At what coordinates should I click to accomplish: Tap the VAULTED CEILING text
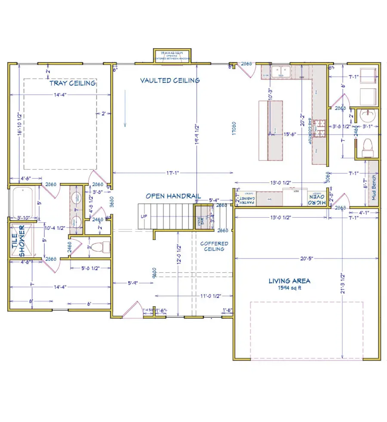click(x=170, y=80)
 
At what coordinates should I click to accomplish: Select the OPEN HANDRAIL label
click(x=173, y=196)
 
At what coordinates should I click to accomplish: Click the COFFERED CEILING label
click(x=214, y=246)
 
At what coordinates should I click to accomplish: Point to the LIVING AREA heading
click(x=289, y=281)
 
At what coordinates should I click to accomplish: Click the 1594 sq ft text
click(x=289, y=288)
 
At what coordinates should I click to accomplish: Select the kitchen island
click(x=270, y=130)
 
